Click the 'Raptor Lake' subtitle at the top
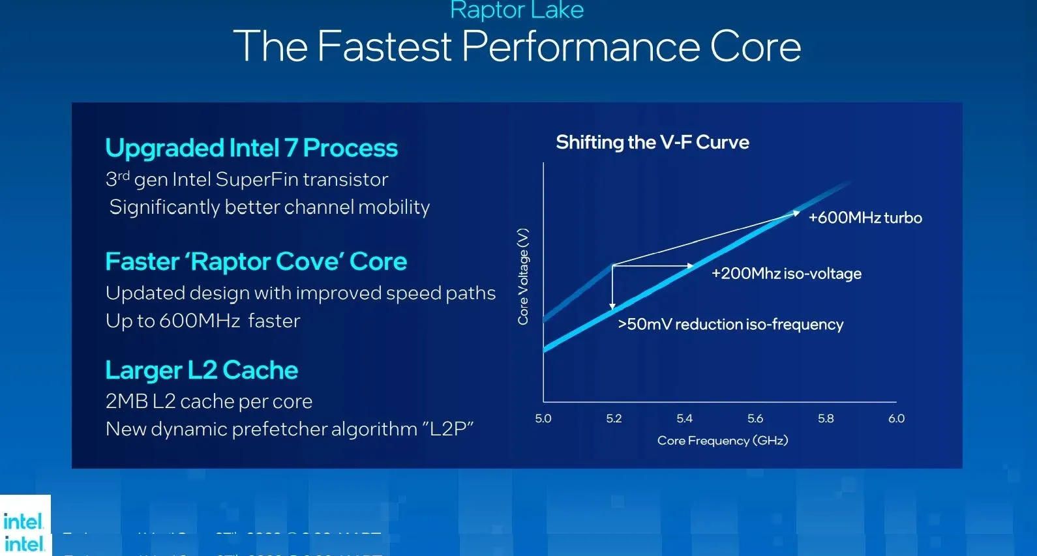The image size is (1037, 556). [x=517, y=10]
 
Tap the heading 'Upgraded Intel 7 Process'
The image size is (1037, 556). [x=251, y=148]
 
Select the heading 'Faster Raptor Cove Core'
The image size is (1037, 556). [x=256, y=261]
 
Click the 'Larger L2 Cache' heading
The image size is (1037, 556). [x=202, y=370]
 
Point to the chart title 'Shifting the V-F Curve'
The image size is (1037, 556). [x=652, y=142]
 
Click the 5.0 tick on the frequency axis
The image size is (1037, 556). [x=543, y=418]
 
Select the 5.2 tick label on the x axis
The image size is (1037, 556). [x=614, y=418]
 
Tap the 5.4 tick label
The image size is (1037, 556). [x=684, y=418]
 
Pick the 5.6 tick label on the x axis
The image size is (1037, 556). [x=755, y=418]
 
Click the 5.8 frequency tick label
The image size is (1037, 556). [x=826, y=418]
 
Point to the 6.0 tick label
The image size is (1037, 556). [x=896, y=418]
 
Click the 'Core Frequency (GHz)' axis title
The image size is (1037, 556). [x=723, y=441]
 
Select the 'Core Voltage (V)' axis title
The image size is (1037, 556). [x=523, y=276]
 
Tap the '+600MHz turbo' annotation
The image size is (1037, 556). [x=865, y=218]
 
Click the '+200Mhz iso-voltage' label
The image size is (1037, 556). [x=786, y=274]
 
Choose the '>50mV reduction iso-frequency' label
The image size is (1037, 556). [x=730, y=325]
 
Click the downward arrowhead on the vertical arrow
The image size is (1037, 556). [x=612, y=305]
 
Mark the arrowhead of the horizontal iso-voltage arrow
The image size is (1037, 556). [x=690, y=265]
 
